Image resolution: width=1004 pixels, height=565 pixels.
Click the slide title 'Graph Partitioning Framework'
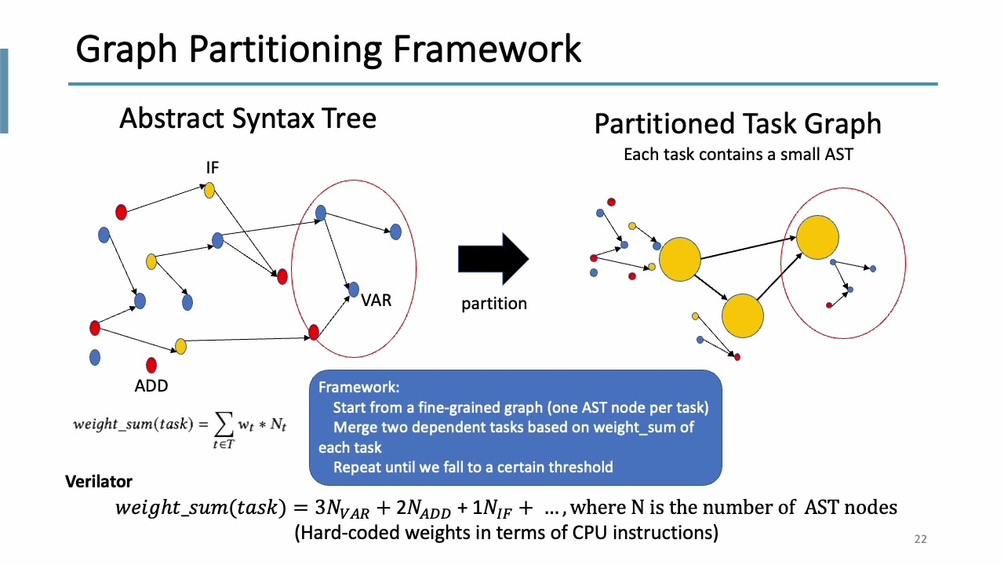[x=328, y=49]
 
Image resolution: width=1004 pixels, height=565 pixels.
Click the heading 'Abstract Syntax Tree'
[x=248, y=118]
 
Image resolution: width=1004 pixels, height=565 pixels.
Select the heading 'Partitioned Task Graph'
[x=737, y=124]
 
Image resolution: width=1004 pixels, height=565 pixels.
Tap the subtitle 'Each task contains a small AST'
[x=737, y=155]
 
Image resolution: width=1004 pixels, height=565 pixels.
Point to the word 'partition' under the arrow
[x=493, y=304]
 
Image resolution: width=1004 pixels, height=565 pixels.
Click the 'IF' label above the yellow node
[x=212, y=168]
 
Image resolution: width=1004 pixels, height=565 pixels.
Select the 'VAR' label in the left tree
[x=376, y=301]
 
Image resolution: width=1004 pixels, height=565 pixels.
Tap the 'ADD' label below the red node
[x=151, y=385]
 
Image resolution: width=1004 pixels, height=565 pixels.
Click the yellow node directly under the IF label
[x=209, y=190]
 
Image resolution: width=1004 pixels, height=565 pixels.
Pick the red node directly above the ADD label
[x=151, y=365]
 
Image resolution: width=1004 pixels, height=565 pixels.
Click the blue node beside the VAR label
[x=353, y=290]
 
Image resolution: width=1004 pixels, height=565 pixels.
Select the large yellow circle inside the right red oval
[x=818, y=238]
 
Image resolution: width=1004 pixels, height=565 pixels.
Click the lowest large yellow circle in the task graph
[x=742, y=315]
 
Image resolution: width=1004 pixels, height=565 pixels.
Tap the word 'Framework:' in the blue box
[x=358, y=388]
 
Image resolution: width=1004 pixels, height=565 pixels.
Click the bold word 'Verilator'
[x=99, y=482]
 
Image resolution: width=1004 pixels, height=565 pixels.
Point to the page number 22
[x=920, y=539]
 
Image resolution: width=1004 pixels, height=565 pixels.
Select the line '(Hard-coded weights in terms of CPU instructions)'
[x=506, y=533]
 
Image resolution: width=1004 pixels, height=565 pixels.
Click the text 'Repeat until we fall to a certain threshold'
[x=473, y=467]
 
